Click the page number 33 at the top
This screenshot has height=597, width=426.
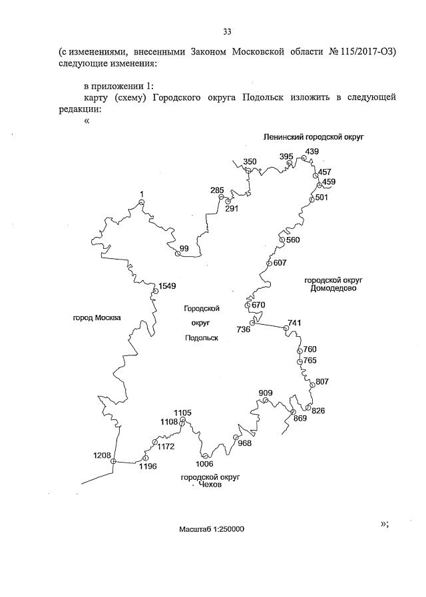(x=227, y=31)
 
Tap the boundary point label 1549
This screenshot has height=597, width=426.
(x=167, y=286)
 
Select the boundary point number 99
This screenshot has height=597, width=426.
(x=184, y=248)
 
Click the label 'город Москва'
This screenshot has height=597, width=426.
(x=97, y=317)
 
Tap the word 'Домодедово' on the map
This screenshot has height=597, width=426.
(x=333, y=289)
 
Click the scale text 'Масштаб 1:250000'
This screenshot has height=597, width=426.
(x=212, y=529)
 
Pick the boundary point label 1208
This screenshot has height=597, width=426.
(x=103, y=455)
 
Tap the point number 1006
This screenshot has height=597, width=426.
(x=204, y=464)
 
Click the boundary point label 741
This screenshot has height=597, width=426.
(x=294, y=323)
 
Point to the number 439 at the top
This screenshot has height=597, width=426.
(x=312, y=151)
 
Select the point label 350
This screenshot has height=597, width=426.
(x=250, y=162)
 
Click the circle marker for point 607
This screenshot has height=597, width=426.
(x=269, y=264)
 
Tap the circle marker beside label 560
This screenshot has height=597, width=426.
(x=282, y=240)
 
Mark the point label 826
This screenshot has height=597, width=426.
(x=318, y=410)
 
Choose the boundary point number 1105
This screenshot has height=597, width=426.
(x=182, y=413)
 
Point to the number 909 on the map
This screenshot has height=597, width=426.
(x=266, y=393)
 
